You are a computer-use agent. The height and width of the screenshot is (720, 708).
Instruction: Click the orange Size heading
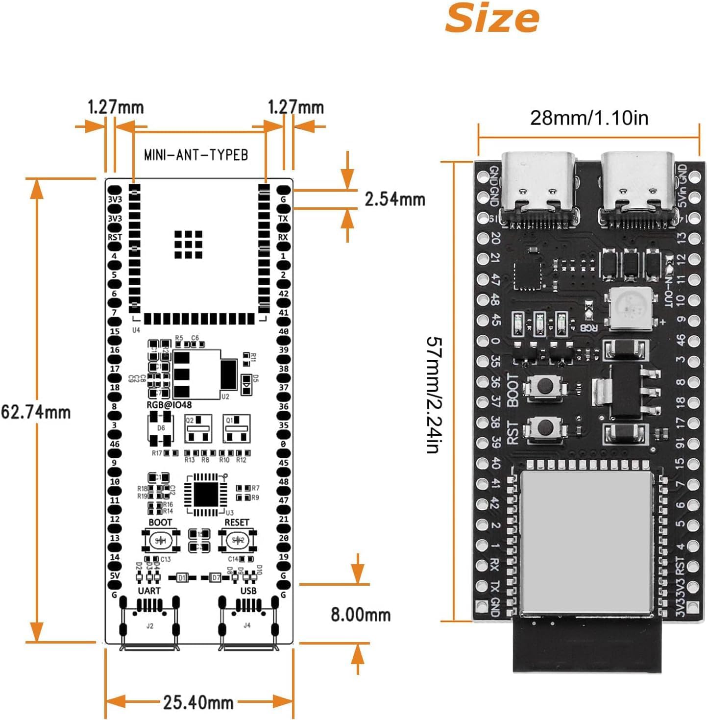pyautogui.click(x=492, y=18)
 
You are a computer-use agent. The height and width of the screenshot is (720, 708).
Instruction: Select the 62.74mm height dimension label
pyautogui.click(x=35, y=412)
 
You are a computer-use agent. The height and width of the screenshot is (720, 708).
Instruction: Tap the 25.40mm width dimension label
pyautogui.click(x=198, y=702)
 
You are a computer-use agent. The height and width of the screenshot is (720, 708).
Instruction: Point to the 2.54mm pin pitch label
pyautogui.click(x=394, y=199)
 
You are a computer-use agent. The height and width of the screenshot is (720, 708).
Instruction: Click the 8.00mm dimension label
pyautogui.click(x=361, y=614)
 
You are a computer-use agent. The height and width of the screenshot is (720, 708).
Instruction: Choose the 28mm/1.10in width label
pyautogui.click(x=589, y=118)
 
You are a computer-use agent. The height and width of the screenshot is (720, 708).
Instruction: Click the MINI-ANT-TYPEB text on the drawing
pyautogui.click(x=196, y=155)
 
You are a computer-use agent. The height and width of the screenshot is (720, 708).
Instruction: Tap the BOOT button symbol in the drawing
pyautogui.click(x=161, y=540)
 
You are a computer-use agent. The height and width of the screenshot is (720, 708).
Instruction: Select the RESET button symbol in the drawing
pyautogui.click(x=237, y=540)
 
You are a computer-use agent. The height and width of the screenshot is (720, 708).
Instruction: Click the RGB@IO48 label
pyautogui.click(x=169, y=405)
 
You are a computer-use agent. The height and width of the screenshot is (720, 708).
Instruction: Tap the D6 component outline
pyautogui.click(x=161, y=428)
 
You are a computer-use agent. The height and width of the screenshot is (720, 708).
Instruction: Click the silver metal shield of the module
pyautogui.click(x=586, y=542)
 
